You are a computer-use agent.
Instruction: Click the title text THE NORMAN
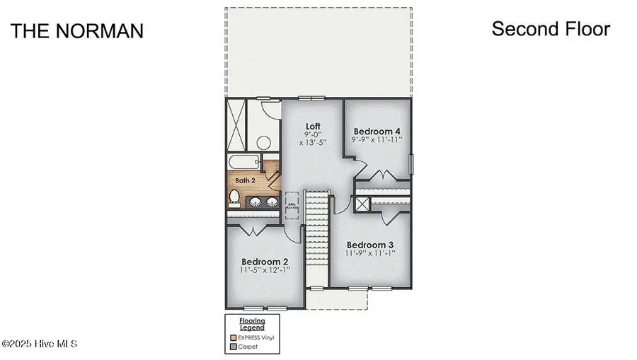click(x=76, y=31)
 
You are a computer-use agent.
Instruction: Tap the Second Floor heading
click(x=551, y=29)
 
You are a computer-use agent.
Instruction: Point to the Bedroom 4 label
click(x=377, y=131)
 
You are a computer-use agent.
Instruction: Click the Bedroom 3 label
click(x=370, y=245)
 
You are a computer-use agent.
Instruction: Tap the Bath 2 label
click(x=245, y=181)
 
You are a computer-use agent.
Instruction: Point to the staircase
click(x=318, y=237)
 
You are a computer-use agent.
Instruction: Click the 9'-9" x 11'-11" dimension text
click(x=377, y=140)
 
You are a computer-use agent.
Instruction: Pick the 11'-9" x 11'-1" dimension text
click(x=370, y=253)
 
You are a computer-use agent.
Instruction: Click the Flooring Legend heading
click(x=251, y=325)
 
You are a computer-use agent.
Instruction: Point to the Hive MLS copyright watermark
click(x=40, y=344)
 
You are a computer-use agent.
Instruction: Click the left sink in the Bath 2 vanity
click(x=254, y=202)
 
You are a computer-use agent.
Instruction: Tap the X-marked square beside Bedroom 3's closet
click(x=362, y=205)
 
